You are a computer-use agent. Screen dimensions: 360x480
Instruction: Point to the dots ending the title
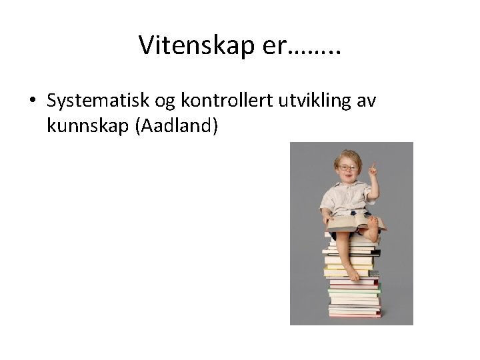click(317, 52)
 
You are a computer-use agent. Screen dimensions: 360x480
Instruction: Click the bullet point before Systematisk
click(32, 101)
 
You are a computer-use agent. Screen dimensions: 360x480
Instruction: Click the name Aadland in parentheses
click(177, 126)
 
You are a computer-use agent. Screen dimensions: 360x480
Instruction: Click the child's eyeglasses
click(347, 167)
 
